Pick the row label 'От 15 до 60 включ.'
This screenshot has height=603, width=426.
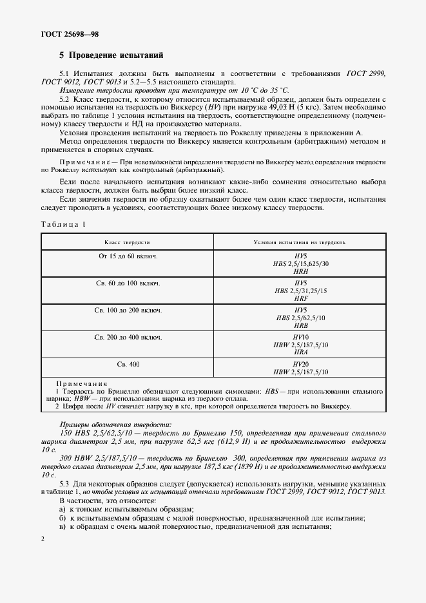click(x=128, y=256)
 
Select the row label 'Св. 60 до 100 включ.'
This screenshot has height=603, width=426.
click(x=128, y=283)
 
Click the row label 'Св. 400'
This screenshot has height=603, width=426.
click(x=128, y=364)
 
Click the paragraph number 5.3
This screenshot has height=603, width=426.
click(x=65, y=483)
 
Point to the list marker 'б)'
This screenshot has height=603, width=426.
click(x=63, y=518)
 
